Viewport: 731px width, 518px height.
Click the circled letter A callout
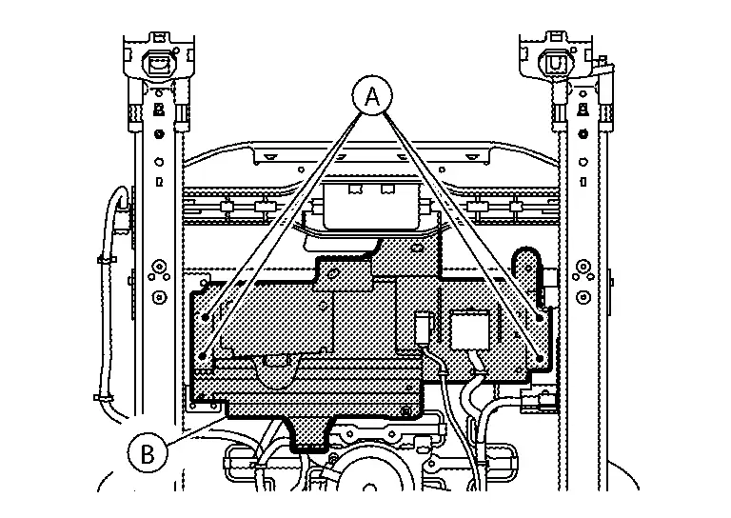coord(371,95)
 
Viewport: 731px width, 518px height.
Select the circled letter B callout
coord(148,452)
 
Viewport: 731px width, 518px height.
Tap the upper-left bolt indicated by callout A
coord(206,318)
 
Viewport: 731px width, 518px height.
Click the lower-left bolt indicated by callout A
coord(203,357)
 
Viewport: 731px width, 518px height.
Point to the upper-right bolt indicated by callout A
coord(540,318)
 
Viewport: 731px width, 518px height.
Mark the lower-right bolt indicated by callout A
coord(540,359)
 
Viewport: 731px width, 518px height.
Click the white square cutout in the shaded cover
coord(470,330)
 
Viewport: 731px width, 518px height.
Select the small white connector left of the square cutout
coord(424,329)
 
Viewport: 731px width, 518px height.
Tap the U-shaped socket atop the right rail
coord(555,63)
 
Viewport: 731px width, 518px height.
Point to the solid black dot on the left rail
coord(160,134)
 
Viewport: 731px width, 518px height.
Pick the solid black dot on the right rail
coord(583,134)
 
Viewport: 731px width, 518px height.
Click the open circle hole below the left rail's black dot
coord(160,162)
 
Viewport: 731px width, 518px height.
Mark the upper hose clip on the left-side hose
coord(107,260)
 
